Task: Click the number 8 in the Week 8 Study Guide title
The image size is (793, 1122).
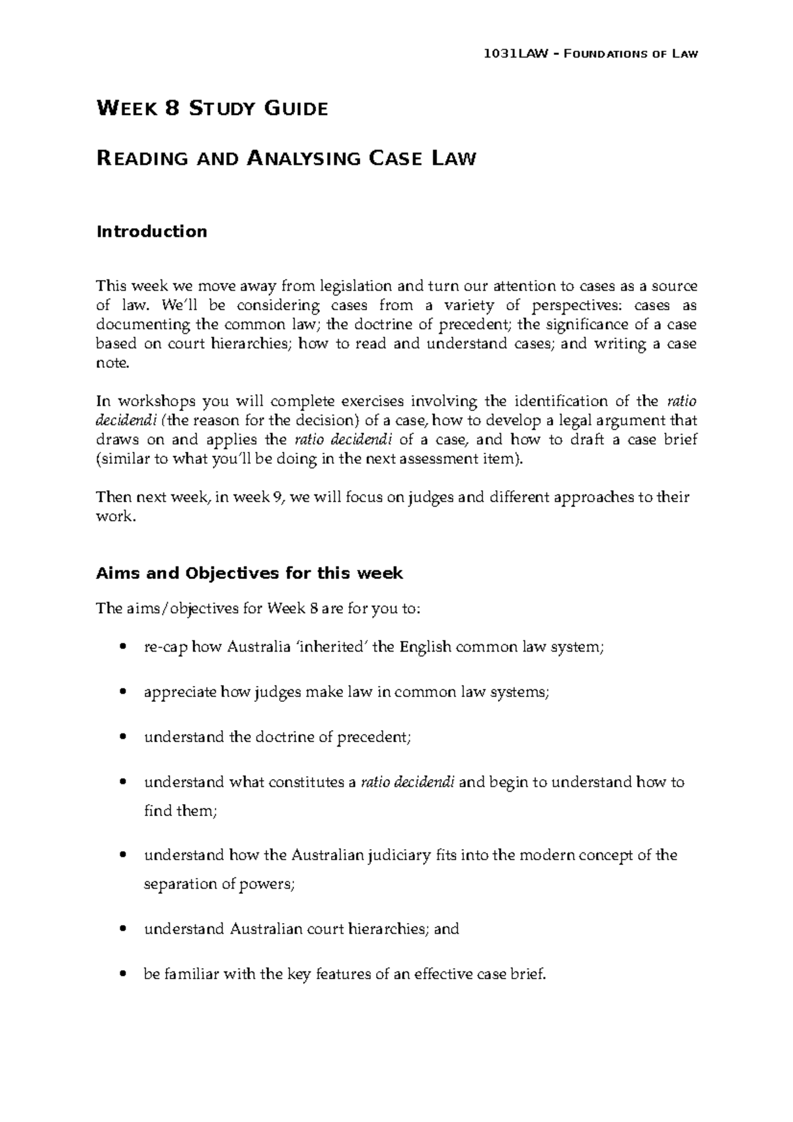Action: pos(172,108)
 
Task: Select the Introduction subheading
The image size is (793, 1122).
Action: pos(151,231)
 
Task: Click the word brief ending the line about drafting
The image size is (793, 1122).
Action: pos(680,439)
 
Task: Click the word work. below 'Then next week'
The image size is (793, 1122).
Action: pos(116,516)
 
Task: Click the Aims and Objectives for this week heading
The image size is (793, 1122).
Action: pos(249,573)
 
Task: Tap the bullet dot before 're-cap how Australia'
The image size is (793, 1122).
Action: pos(120,648)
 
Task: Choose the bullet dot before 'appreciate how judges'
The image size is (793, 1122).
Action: pos(120,692)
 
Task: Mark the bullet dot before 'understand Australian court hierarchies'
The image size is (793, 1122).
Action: pos(120,929)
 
